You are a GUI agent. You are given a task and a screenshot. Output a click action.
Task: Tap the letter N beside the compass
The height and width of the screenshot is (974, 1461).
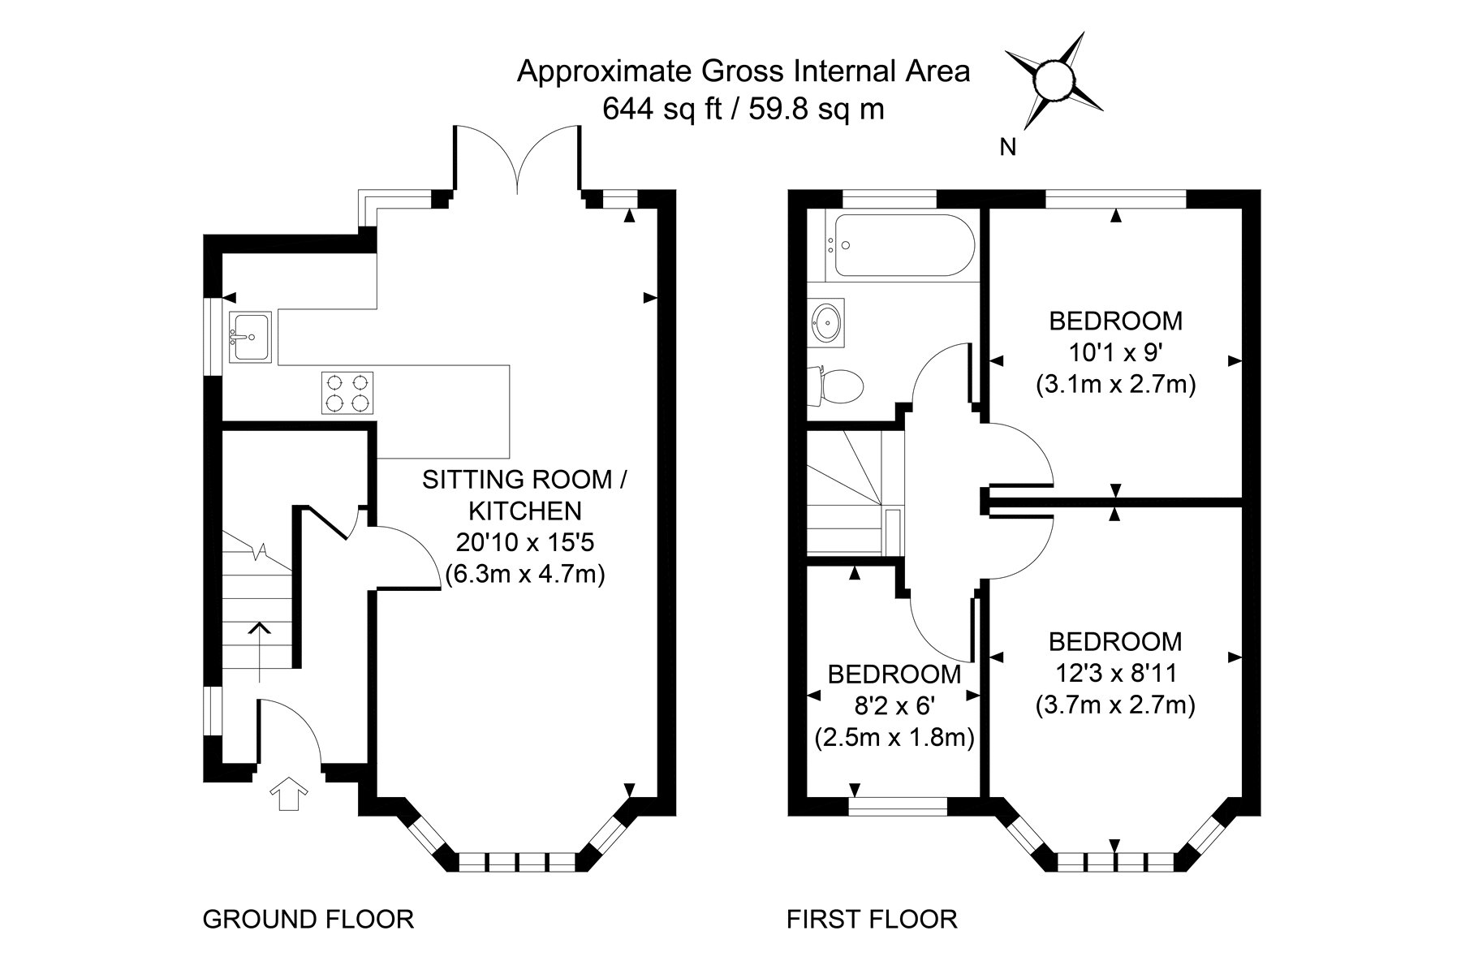point(1008,148)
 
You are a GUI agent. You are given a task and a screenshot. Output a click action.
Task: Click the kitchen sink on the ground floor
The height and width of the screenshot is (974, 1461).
point(249,336)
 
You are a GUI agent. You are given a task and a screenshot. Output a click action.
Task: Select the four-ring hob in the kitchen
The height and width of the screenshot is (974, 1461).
point(347,393)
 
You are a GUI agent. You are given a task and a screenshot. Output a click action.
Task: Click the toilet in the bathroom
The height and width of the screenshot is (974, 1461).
point(840,386)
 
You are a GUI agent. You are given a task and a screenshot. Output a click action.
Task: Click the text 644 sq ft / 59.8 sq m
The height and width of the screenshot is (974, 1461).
point(743,109)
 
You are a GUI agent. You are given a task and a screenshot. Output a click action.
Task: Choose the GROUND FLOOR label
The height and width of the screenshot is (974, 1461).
point(308,919)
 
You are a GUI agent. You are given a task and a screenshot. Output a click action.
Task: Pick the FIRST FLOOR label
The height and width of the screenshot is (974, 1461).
point(872,919)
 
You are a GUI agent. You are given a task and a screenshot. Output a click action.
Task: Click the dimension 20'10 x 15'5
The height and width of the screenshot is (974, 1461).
point(525,542)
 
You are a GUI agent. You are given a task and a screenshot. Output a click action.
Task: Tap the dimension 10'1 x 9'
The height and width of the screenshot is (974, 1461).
point(1116,352)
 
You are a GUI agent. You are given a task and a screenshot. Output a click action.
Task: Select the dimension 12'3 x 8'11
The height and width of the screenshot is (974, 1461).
point(1115,673)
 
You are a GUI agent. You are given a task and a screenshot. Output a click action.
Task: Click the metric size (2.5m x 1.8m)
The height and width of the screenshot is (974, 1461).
point(894,738)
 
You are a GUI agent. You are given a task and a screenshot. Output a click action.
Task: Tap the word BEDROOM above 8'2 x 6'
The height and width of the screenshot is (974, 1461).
point(894,674)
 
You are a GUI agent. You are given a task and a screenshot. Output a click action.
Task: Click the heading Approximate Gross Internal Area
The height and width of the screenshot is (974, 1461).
point(743,71)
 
